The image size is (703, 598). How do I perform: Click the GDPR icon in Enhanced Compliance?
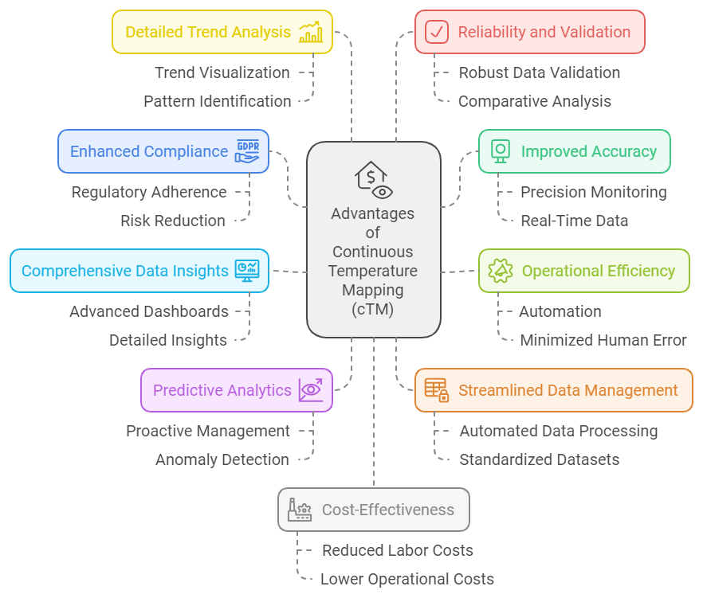point(247,151)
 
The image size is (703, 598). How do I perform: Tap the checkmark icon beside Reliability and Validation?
point(437,32)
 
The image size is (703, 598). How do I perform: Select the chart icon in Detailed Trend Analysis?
point(311,32)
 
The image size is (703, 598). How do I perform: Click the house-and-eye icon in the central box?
point(374,180)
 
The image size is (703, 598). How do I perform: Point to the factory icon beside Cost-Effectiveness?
point(300,510)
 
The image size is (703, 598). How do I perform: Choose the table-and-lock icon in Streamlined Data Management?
point(437,390)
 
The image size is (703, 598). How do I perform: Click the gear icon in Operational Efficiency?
point(501,271)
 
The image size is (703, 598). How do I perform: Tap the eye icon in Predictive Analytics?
point(311,390)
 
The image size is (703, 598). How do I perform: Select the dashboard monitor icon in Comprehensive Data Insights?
point(247,271)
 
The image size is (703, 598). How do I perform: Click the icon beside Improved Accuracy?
point(501,151)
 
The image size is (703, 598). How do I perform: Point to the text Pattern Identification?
point(218,101)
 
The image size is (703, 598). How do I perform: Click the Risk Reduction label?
point(173,221)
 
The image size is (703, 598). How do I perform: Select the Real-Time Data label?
point(575,221)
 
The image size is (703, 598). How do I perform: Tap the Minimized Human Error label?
point(603,340)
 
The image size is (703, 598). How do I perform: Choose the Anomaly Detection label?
point(222,459)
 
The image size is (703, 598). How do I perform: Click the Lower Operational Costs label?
point(407,579)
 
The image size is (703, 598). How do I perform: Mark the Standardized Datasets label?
point(540,459)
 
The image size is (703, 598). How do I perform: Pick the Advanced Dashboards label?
point(149,311)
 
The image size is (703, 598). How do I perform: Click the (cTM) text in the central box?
point(372,309)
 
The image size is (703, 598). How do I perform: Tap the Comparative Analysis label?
point(534,101)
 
